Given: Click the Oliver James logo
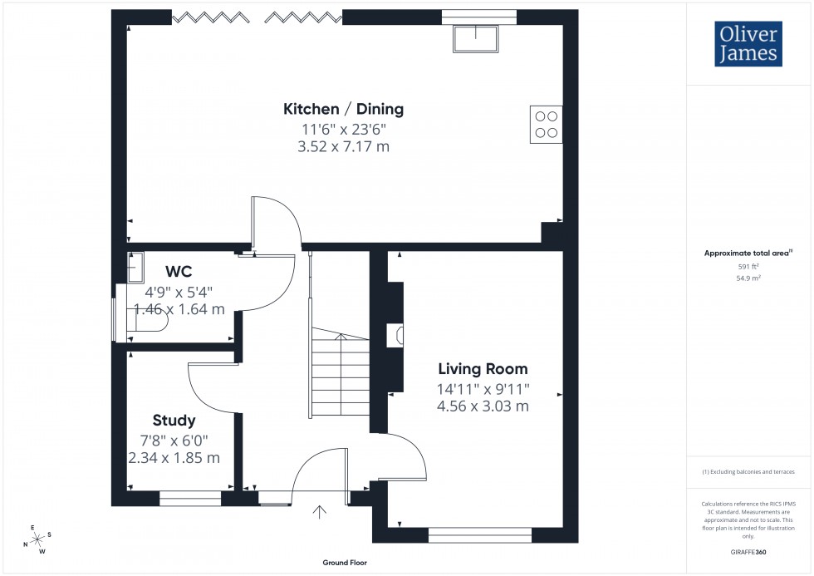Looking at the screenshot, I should point(748,44).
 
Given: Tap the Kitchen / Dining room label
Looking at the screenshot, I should point(344,109).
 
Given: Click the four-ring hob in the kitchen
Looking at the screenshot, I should point(547,124).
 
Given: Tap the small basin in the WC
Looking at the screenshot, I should point(135,268).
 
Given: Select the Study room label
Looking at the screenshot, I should point(174,420).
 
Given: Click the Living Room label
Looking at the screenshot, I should point(483,369).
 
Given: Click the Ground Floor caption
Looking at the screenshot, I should point(345,563).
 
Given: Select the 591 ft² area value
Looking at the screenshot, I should point(749,267).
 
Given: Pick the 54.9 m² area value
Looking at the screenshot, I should point(749,278).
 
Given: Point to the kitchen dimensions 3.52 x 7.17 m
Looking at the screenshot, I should point(345,147).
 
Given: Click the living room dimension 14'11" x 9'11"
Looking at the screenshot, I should point(483,388).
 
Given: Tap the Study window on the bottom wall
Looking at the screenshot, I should point(190,499).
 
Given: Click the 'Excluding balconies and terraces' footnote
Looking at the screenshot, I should point(748,471).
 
